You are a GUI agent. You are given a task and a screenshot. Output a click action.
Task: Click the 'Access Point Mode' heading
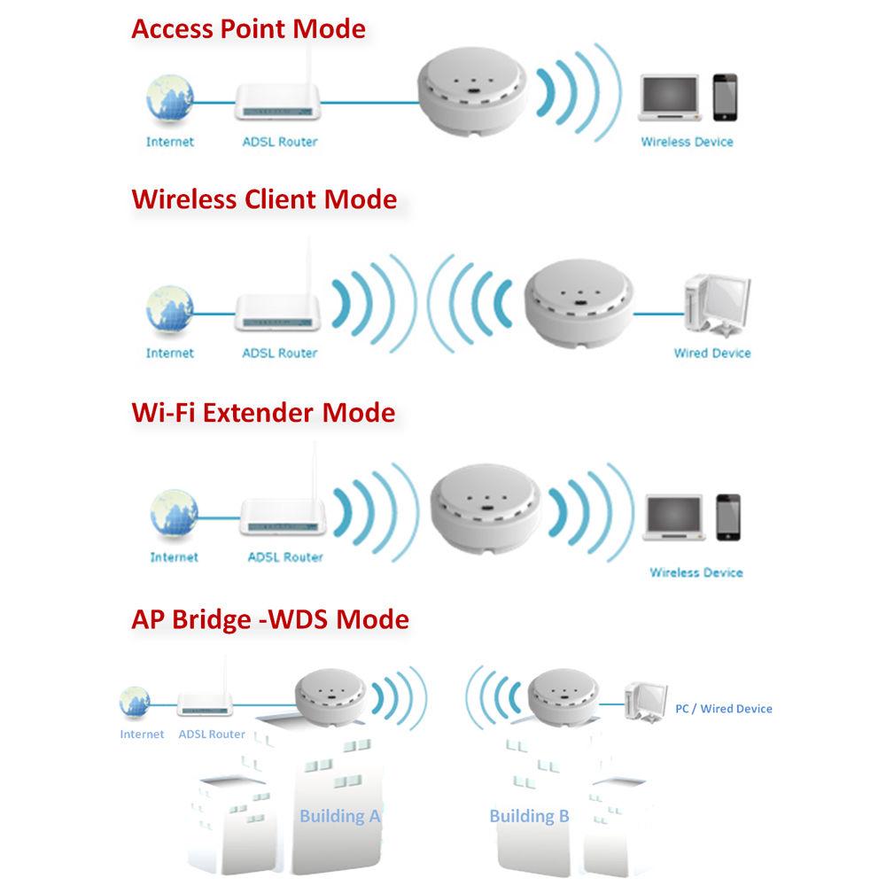pyautogui.click(x=248, y=28)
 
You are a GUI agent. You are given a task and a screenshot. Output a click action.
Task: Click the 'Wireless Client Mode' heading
pyautogui.click(x=264, y=198)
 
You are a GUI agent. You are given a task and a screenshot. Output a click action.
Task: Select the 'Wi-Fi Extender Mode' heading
pyautogui.click(x=263, y=413)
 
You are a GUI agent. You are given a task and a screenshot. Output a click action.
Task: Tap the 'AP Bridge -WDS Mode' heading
pyautogui.click(x=270, y=618)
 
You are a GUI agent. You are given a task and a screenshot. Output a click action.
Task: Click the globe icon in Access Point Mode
pyautogui.click(x=169, y=98)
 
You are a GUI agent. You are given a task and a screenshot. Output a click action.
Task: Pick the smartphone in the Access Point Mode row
pyautogui.click(x=725, y=97)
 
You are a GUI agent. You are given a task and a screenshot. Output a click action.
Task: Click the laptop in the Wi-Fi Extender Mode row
pyautogui.click(x=677, y=517)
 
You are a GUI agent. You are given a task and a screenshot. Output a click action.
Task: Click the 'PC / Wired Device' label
pyautogui.click(x=724, y=709)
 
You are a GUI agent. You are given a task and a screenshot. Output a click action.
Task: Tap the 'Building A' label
pyautogui.click(x=339, y=816)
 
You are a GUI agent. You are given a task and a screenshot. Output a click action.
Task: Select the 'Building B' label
pyautogui.click(x=529, y=816)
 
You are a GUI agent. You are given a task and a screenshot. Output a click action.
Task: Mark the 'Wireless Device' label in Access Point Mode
pyautogui.click(x=687, y=142)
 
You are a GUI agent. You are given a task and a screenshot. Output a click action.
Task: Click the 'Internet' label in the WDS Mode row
pyautogui.click(x=142, y=734)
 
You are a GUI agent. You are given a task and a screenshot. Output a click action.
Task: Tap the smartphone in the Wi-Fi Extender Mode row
pyautogui.click(x=728, y=517)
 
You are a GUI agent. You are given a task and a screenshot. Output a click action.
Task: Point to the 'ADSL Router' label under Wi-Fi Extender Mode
pyautogui.click(x=284, y=557)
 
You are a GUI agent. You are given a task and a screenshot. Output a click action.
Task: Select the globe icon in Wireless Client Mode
pyautogui.click(x=169, y=308)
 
